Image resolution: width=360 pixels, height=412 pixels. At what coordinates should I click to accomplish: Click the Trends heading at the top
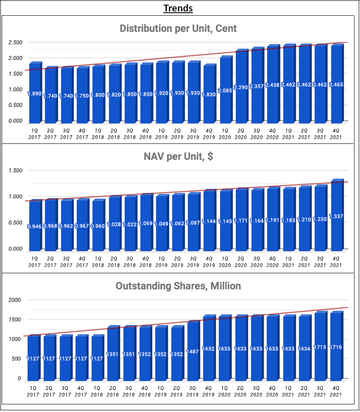(x=178, y=8)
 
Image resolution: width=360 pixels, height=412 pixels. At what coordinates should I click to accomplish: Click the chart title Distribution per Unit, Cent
(x=178, y=29)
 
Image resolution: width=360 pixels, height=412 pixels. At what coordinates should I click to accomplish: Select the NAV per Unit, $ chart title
(x=178, y=157)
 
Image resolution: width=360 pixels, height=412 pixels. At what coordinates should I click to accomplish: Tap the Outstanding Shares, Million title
(x=178, y=286)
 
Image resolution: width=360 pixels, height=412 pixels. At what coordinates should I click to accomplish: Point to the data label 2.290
(x=241, y=87)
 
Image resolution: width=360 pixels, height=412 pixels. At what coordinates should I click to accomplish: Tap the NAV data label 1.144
(x=209, y=221)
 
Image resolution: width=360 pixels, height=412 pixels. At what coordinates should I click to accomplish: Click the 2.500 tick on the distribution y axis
(x=15, y=42)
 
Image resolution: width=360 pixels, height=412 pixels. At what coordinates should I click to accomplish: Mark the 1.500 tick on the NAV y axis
(x=15, y=171)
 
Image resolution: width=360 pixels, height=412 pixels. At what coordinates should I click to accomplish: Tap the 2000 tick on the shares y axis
(x=15, y=300)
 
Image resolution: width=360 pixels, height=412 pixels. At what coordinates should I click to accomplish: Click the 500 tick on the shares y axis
(x=16, y=359)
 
